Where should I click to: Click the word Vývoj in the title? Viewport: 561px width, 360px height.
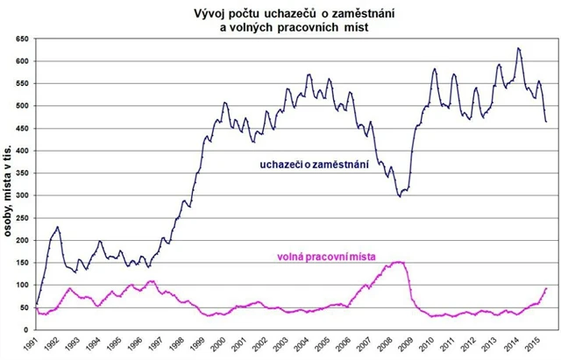[x=213, y=13]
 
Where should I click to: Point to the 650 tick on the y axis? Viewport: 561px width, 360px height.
[x=21, y=39]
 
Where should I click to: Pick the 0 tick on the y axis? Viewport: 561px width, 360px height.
[x=26, y=329]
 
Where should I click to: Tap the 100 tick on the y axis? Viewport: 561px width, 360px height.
[x=21, y=285]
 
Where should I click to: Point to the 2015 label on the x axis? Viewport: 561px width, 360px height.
[x=536, y=344]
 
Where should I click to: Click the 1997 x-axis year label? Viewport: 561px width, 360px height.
[x=162, y=344]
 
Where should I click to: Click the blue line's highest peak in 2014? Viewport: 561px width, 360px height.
[x=519, y=48]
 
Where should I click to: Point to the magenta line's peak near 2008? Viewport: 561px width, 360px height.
[x=400, y=262]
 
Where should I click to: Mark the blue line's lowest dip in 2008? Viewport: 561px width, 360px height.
[x=400, y=196]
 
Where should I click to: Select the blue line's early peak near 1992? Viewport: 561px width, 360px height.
[x=58, y=227]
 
